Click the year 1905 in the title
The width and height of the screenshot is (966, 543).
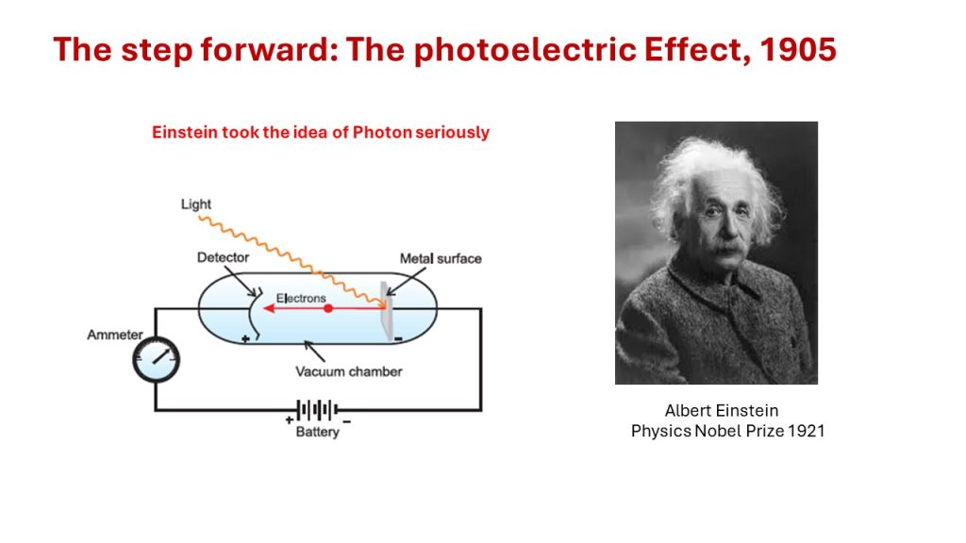click(x=798, y=49)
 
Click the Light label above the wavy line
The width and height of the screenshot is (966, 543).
click(x=196, y=205)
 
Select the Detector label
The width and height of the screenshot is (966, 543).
click(x=223, y=257)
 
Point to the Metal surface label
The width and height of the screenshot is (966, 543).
click(x=441, y=258)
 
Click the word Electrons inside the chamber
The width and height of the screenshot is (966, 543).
click(x=301, y=298)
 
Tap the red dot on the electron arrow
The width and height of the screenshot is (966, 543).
click(x=328, y=308)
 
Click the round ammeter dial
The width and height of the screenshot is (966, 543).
click(x=157, y=359)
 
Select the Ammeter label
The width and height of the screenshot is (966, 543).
click(x=114, y=335)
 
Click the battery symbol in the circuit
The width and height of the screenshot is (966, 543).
click(x=317, y=409)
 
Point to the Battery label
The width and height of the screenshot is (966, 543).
click(x=317, y=432)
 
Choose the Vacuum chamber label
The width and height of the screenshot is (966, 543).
click(x=349, y=371)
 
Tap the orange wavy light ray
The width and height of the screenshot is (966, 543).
click(x=291, y=259)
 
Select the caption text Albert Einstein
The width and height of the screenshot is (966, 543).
click(x=722, y=411)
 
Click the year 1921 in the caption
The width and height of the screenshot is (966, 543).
click(x=807, y=431)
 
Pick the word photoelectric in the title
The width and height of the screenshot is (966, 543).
click(x=525, y=51)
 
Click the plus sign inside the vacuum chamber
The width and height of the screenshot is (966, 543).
click(x=245, y=338)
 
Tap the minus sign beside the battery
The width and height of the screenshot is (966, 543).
click(x=347, y=421)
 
